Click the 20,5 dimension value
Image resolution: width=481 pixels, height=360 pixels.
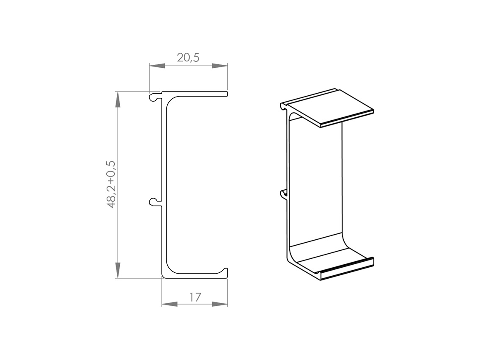pyautogui.click(x=188, y=58)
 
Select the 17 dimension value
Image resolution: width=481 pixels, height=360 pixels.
pyautogui.click(x=195, y=297)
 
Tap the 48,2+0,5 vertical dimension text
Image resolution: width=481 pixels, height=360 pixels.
pyautogui.click(x=111, y=185)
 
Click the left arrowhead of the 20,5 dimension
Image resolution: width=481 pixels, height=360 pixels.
pyautogui.click(x=157, y=66)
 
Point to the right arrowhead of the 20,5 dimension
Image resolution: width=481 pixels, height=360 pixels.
pyautogui.click(x=220, y=66)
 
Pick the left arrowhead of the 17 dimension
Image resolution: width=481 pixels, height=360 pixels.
pyautogui.click(x=170, y=304)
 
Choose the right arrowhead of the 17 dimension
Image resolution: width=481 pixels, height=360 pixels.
pyautogui.click(x=220, y=304)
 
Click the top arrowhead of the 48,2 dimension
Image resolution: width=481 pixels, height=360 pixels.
pyautogui.click(x=117, y=100)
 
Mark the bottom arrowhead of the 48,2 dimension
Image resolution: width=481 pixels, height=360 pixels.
pyautogui.click(x=117, y=270)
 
